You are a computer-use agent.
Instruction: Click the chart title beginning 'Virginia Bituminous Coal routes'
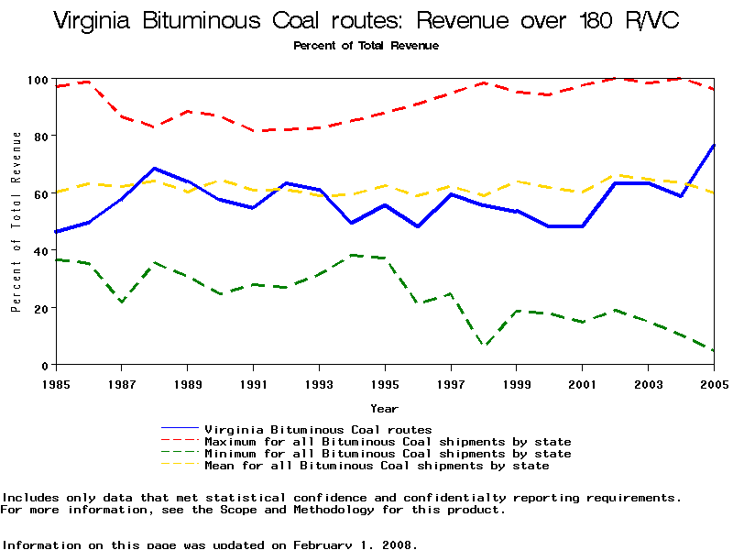(366, 21)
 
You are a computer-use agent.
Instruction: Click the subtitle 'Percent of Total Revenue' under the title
(366, 45)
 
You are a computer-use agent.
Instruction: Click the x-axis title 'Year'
(384, 408)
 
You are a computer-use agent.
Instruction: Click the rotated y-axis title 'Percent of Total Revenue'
(16, 222)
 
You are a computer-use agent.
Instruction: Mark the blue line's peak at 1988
(155, 169)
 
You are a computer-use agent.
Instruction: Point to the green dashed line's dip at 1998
(484, 346)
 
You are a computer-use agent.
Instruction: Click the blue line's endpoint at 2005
(714, 145)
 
